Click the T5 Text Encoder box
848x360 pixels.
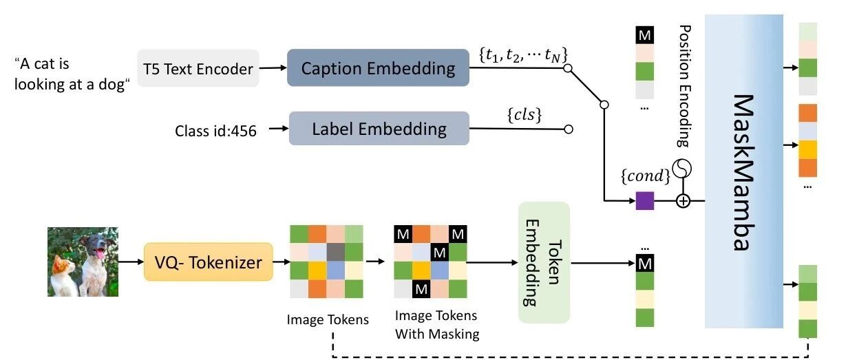click(x=198, y=69)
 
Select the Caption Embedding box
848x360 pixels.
click(x=378, y=67)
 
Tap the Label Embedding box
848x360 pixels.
click(x=379, y=128)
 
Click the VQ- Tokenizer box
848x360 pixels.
click(x=208, y=262)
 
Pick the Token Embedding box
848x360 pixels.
click(x=544, y=262)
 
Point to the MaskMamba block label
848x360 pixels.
click(x=743, y=172)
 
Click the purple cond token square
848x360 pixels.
click(x=644, y=200)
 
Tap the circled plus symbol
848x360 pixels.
click(x=683, y=200)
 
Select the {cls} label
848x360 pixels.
click(x=524, y=115)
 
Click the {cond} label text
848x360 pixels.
click(x=646, y=176)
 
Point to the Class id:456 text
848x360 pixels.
click(x=215, y=131)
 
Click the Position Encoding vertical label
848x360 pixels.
click(x=684, y=86)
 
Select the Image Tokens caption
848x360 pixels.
click(x=328, y=319)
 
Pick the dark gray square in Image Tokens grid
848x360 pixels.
click(x=335, y=252)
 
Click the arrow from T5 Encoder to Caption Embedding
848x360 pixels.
click(x=273, y=67)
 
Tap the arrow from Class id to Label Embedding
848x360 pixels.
click(x=279, y=128)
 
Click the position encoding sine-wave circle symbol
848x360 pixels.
click(x=682, y=169)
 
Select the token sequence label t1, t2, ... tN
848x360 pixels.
click(x=523, y=55)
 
